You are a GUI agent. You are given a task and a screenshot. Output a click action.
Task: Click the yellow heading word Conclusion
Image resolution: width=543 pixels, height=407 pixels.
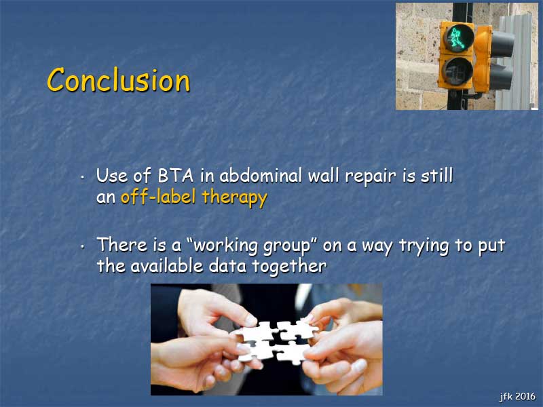point(118,80)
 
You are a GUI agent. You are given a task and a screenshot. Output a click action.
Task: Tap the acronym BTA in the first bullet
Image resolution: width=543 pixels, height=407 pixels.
point(176,176)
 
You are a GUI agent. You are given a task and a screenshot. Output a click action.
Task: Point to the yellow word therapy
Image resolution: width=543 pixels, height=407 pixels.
point(234,198)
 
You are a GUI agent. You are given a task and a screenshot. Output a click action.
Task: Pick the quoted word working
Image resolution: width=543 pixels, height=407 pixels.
point(225,246)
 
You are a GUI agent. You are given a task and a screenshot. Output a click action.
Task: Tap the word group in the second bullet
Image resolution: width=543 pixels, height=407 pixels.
point(286,247)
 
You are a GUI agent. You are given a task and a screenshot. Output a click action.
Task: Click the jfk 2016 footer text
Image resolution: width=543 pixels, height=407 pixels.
point(517,396)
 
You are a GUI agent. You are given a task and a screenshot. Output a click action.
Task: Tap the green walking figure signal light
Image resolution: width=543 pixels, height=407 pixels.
point(457,38)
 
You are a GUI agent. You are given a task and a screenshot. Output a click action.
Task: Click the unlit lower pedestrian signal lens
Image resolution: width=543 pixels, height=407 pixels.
point(457,71)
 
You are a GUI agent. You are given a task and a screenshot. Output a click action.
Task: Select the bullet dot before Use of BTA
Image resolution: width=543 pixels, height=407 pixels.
point(82,178)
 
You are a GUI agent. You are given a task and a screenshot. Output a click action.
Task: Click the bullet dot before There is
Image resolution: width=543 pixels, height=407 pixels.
point(82,247)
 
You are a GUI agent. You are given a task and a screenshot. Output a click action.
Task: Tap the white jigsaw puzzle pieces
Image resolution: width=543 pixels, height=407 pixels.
point(276,342)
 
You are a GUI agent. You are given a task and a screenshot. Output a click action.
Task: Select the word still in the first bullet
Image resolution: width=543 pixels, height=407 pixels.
point(436,175)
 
